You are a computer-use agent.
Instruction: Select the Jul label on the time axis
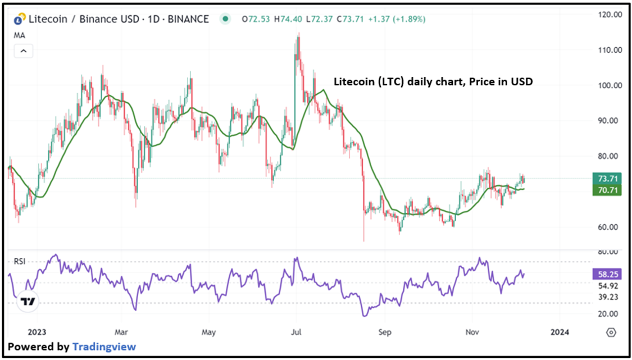point(295,332)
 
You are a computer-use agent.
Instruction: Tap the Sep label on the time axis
point(384,332)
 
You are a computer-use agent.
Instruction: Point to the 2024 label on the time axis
point(560,332)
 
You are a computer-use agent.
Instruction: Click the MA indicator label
point(20,35)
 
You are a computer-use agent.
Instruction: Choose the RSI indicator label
point(20,261)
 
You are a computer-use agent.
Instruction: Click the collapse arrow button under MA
point(24,51)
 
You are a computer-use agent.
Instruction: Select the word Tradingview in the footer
point(104,347)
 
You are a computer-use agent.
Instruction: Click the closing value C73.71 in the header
point(349,20)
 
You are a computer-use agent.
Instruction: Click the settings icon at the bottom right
point(611,332)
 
